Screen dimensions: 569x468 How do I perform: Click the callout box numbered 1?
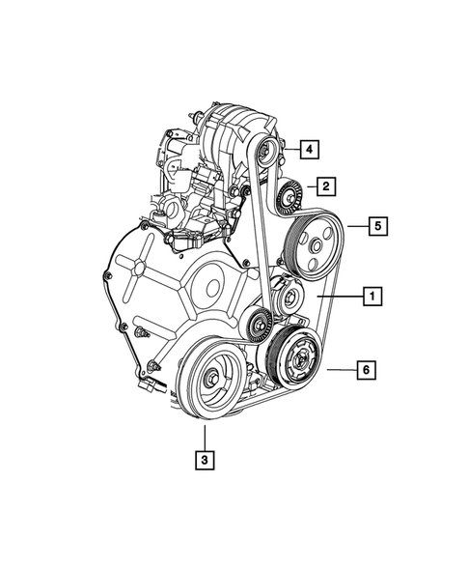click(x=371, y=297)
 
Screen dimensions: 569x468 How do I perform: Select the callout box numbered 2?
click(x=327, y=185)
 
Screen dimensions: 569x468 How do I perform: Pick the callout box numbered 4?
click(x=308, y=149)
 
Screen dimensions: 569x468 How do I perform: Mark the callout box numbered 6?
click(x=367, y=368)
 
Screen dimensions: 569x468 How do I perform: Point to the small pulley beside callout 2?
click(x=286, y=200)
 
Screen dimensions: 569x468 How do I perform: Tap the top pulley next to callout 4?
click(x=267, y=148)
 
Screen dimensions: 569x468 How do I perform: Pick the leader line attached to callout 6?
click(x=342, y=369)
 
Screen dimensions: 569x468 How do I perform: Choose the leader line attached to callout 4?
click(x=289, y=149)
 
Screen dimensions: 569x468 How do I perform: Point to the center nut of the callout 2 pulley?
click(x=286, y=200)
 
